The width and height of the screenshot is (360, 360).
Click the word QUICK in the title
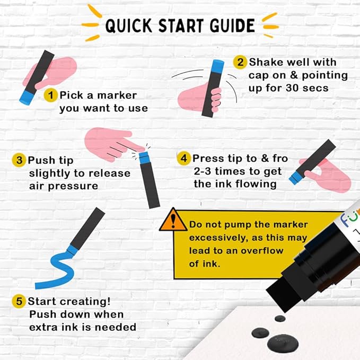click(128, 25)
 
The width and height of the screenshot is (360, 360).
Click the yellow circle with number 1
click(50, 95)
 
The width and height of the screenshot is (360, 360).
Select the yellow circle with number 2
click(240, 62)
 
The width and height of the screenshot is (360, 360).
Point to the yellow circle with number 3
click(19, 160)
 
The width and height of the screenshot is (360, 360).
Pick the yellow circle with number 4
click(184, 158)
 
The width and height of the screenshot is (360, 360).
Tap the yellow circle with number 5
click(19, 301)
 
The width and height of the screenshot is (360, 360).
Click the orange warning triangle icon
click(173, 220)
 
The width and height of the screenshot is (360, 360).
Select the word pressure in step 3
click(73, 186)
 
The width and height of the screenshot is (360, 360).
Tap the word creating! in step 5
click(85, 302)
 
